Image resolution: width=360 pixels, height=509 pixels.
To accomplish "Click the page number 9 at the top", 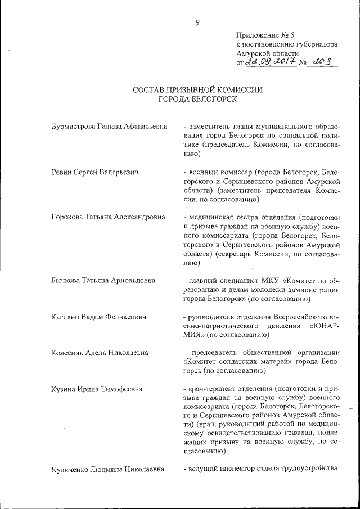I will click(x=197, y=23).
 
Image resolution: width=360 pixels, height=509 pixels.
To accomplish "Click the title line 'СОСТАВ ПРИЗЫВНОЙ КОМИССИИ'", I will click(x=197, y=90).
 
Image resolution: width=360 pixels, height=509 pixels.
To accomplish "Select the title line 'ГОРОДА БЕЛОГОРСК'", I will click(x=197, y=100).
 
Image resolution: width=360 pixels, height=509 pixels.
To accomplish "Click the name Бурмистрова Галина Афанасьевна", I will click(x=109, y=127).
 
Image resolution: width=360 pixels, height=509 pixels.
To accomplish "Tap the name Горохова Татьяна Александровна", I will click(x=108, y=217).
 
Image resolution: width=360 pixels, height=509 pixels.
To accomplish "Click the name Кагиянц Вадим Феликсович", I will click(x=99, y=317).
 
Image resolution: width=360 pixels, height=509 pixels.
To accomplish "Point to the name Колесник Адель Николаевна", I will click(x=100, y=353).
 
